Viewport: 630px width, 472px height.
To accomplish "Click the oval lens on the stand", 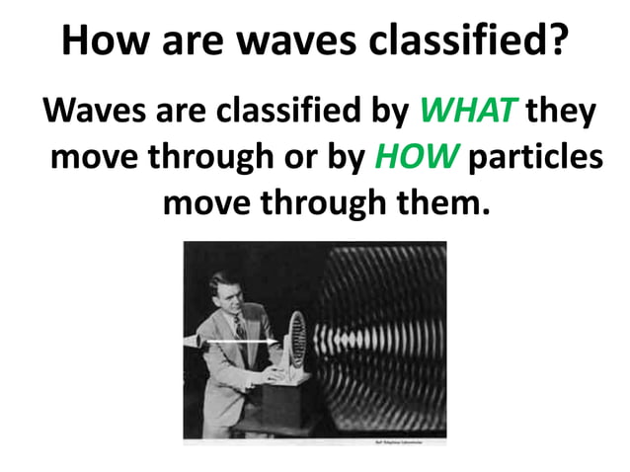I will [x=295, y=341].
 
